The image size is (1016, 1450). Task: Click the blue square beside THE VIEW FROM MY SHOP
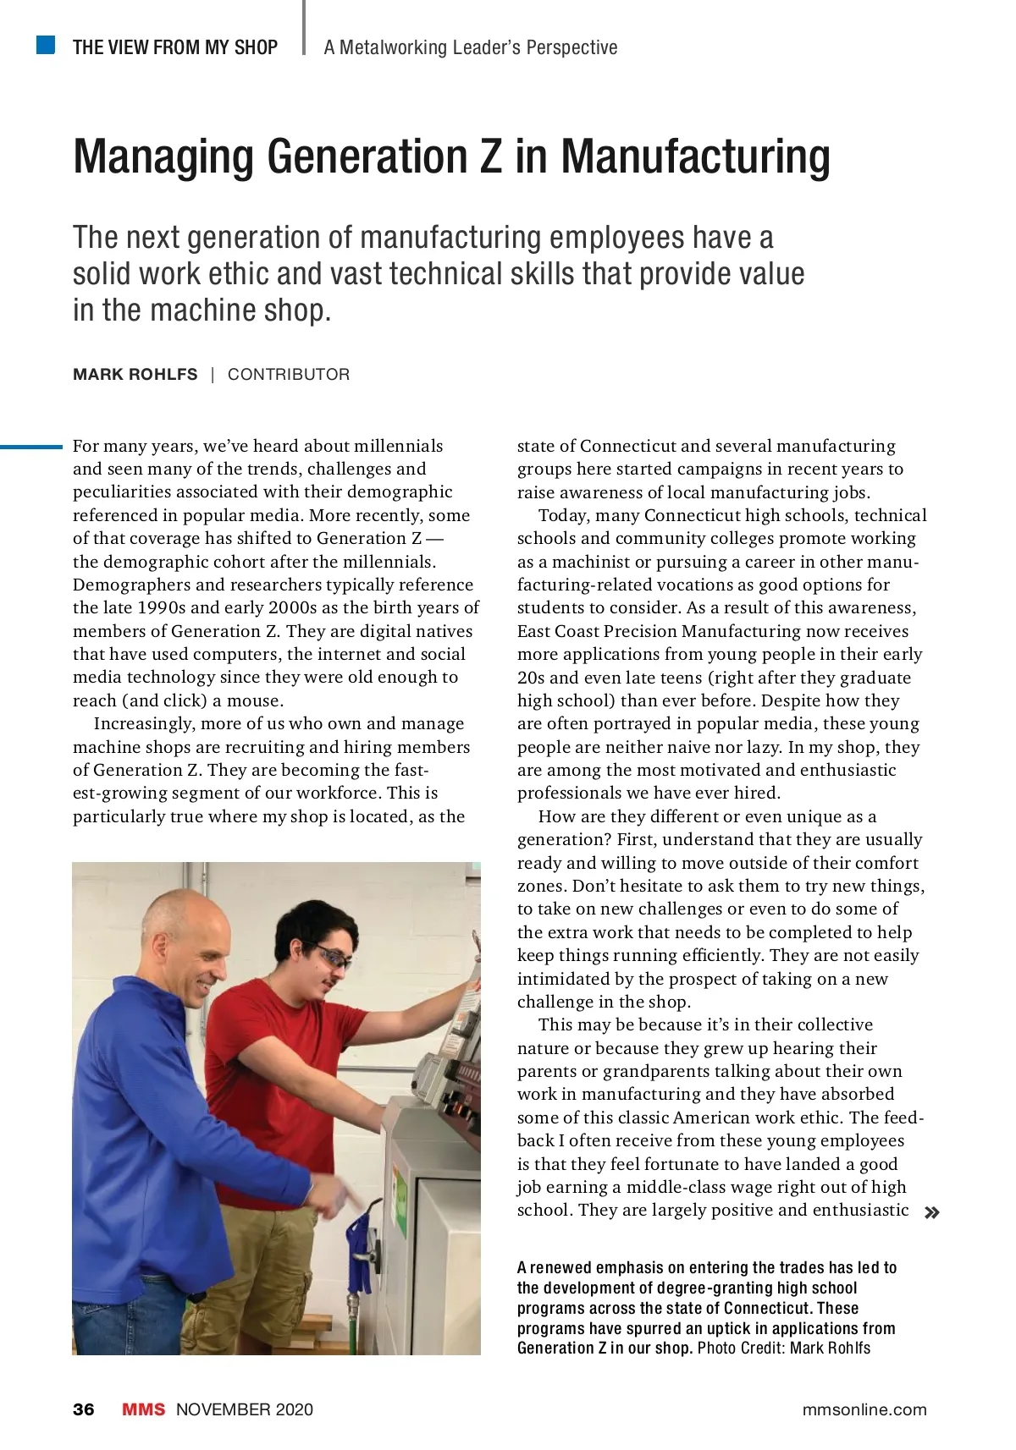pos(46,45)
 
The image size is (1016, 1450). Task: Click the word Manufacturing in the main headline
pos(695,157)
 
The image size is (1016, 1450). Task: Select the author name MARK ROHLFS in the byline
pos(135,375)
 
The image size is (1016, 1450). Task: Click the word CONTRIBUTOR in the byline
pos(289,375)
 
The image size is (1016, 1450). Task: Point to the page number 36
pos(84,1409)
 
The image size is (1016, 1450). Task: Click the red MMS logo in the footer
pos(144,1409)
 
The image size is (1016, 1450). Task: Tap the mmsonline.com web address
pos(864,1409)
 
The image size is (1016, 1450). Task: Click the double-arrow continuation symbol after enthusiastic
pos(932,1213)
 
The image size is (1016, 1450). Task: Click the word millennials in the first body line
pos(398,446)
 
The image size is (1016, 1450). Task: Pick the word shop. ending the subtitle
pos(296,310)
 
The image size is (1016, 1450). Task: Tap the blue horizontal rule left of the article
pos(31,446)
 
